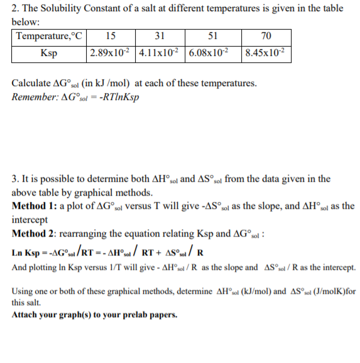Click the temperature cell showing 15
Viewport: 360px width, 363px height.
click(x=111, y=35)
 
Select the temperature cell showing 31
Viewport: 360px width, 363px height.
click(x=160, y=35)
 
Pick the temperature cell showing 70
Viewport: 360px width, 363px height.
click(x=267, y=35)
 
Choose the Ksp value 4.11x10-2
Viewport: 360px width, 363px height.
click(x=160, y=52)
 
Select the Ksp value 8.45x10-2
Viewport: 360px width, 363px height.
click(x=267, y=52)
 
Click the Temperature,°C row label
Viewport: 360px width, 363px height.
click(x=49, y=35)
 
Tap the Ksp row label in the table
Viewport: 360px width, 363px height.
click(x=49, y=52)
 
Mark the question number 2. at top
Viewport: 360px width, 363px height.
click(x=16, y=8)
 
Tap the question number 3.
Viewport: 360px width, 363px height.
click(x=16, y=179)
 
